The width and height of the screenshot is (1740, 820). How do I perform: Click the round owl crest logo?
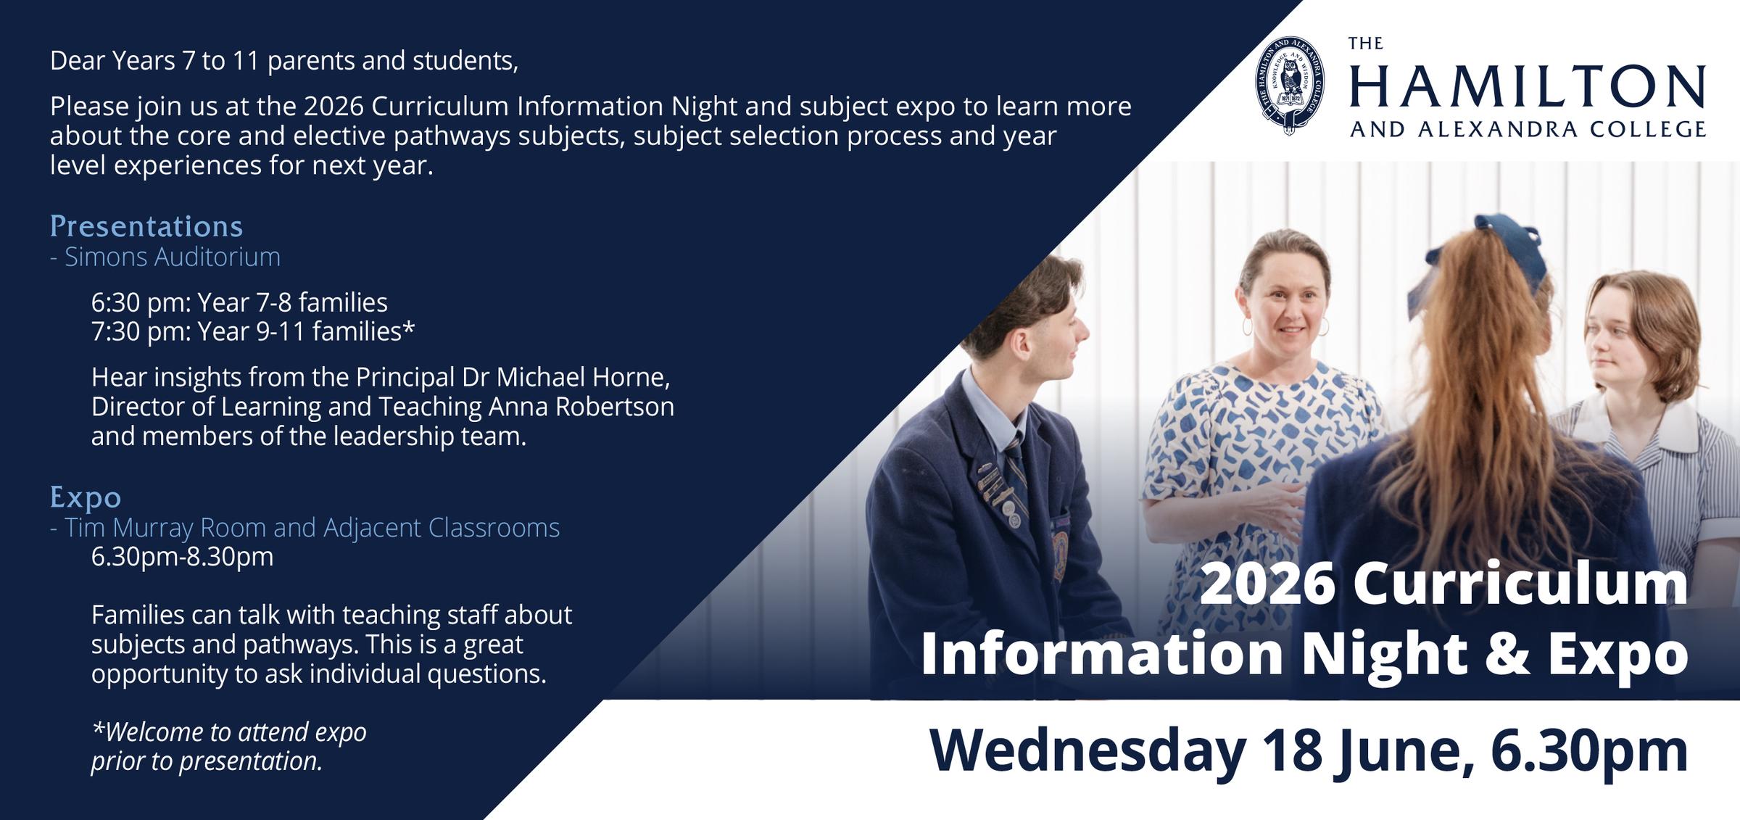pyautogui.click(x=1289, y=86)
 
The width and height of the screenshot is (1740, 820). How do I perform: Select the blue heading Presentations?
pyautogui.click(x=146, y=227)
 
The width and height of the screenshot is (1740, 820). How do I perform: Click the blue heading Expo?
pyautogui.click(x=86, y=497)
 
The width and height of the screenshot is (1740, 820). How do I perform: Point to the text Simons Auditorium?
pyautogui.click(x=173, y=257)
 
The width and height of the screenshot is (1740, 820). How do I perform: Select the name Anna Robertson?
pyautogui.click(x=581, y=407)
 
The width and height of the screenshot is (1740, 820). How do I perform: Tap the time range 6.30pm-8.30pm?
pyautogui.click(x=183, y=558)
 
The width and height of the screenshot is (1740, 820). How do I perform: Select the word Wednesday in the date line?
pyautogui.click(x=1088, y=753)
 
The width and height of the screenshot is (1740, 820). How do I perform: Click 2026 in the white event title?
pyautogui.click(x=1269, y=584)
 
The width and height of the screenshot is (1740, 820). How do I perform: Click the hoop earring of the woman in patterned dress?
pyautogui.click(x=1247, y=326)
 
